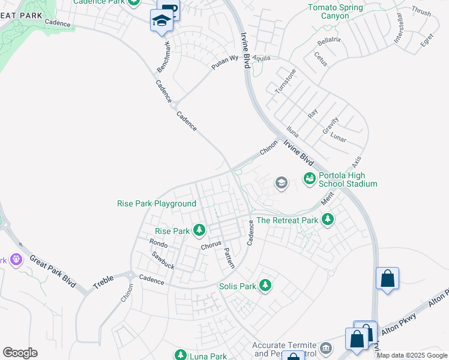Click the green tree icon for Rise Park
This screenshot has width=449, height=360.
[199, 230]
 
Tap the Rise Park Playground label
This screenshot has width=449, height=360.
[156, 204]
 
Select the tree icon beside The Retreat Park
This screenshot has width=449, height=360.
[328, 220]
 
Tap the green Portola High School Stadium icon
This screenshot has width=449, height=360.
[310, 178]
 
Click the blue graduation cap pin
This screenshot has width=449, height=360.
[161, 21]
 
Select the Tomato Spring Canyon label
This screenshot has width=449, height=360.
[336, 12]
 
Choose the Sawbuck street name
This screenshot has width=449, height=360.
[163, 260]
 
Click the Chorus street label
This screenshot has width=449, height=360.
[211, 246]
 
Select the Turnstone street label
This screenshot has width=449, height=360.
[285, 81]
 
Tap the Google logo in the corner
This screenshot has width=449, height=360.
[20, 353]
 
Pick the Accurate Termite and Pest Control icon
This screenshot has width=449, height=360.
[326, 347]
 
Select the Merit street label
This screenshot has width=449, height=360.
[327, 199]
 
